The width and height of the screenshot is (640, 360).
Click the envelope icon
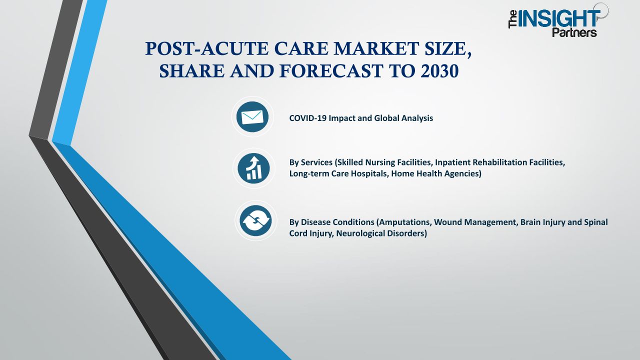click(252, 117)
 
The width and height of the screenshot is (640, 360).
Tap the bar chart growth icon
click(253, 168)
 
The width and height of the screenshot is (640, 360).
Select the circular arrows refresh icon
click(255, 220)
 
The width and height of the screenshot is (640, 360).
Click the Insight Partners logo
click(558, 20)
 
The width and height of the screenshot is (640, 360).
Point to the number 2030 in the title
click(439, 71)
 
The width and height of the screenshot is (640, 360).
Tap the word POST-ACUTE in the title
click(207, 48)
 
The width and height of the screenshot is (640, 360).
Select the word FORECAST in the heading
click(331, 71)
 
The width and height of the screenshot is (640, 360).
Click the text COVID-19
click(307, 118)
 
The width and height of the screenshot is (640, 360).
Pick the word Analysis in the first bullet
click(417, 118)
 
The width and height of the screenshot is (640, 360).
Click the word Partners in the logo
click(574, 32)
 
